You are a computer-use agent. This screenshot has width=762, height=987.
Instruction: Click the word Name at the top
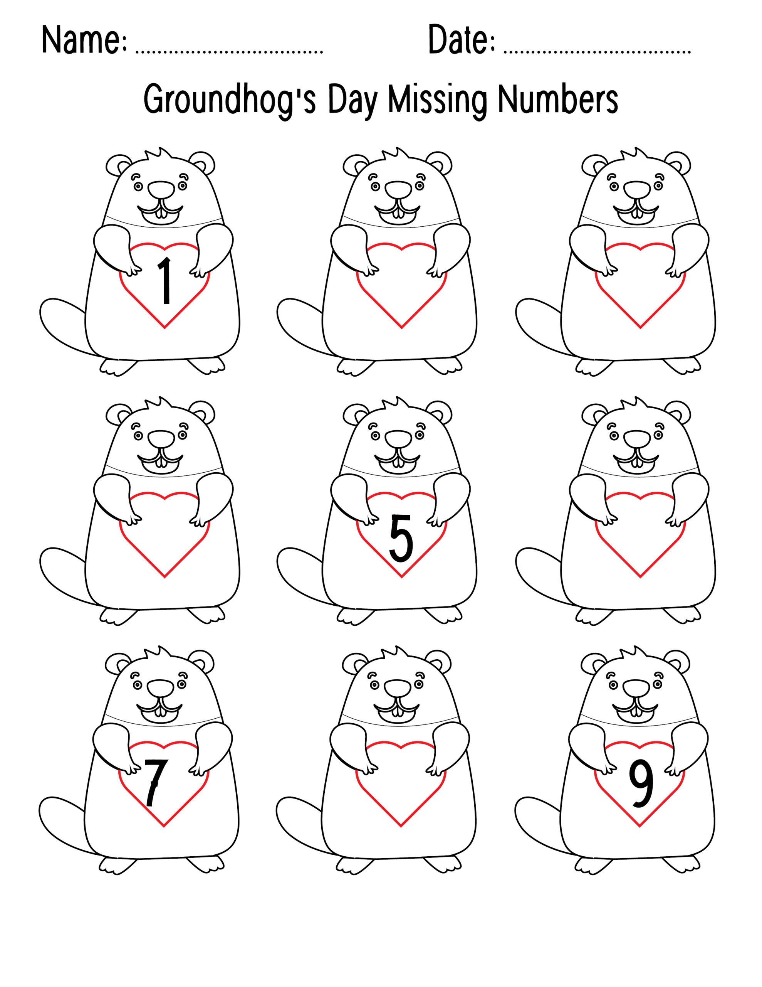tap(84, 40)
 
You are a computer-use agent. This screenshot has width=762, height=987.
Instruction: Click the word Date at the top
tap(461, 40)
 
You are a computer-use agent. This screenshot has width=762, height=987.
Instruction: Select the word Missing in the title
tap(438, 100)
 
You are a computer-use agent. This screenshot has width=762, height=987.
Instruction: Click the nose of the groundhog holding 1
tap(161, 189)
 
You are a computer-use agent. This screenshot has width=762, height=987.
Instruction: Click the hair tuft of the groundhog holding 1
tap(159, 155)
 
